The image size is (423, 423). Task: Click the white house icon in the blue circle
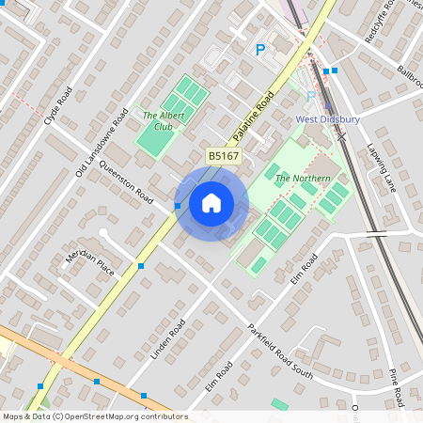211,202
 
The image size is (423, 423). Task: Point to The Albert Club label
158,120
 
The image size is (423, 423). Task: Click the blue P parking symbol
260,50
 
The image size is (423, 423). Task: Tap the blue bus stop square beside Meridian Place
141,267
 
